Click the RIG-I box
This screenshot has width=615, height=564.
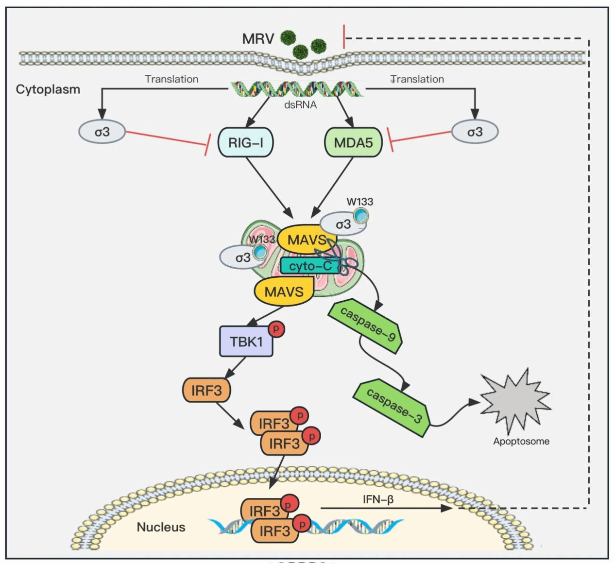246,142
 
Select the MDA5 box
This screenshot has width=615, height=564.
353,142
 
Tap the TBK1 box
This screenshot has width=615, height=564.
246,342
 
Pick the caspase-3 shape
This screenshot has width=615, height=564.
393,405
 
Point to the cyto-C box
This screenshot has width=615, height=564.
309,266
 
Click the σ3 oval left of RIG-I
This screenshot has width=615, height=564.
102,132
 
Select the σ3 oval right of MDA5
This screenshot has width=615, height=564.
475,132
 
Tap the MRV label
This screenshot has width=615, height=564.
258,38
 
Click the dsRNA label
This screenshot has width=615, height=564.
300,104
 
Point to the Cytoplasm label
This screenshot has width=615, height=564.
48,89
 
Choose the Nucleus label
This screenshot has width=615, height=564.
161,527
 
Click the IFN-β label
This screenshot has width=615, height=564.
378,499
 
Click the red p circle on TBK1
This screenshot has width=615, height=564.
276,329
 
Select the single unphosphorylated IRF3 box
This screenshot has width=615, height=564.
206,390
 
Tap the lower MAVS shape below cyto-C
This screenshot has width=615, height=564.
284,291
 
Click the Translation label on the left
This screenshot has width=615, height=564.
171,79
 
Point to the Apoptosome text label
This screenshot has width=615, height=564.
521,442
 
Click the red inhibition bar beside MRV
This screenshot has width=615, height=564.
344,37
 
